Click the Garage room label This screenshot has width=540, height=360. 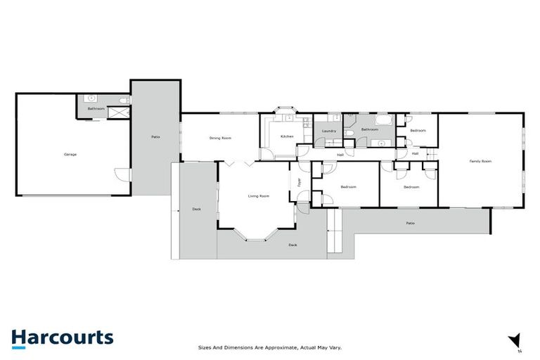(70, 154)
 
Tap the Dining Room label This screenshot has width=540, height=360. (220, 138)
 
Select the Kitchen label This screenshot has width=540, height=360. (287, 136)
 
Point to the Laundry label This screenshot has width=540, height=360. (328, 131)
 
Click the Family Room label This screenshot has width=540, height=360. (480, 161)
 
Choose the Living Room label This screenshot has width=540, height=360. (259, 195)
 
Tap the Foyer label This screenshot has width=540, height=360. (299, 184)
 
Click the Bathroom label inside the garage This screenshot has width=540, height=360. (96, 109)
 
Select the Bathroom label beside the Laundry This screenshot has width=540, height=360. (370, 129)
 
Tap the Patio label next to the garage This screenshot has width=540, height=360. (155, 136)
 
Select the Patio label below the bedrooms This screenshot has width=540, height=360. (410, 224)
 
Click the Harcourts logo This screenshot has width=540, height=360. (62, 337)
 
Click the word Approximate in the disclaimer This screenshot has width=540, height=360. (278, 347)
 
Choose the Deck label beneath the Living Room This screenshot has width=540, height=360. (292, 245)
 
